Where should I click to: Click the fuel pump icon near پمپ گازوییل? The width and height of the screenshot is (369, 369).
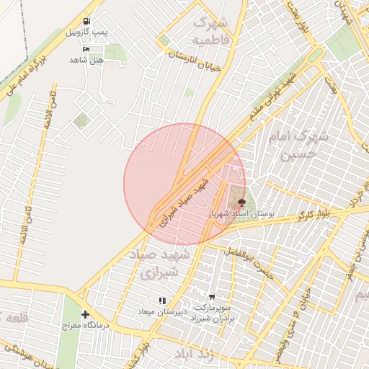pos(87,22)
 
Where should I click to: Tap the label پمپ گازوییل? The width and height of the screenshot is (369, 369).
pos(86,33)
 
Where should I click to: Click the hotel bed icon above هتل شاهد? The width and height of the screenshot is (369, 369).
pos(87,49)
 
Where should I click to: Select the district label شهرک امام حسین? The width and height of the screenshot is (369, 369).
pos(298,144)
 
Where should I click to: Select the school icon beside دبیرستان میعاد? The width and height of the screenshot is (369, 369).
pos(162,301)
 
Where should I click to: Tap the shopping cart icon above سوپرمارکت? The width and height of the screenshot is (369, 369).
pos(212,296)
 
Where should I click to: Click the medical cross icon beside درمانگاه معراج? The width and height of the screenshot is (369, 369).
pos(86,315)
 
